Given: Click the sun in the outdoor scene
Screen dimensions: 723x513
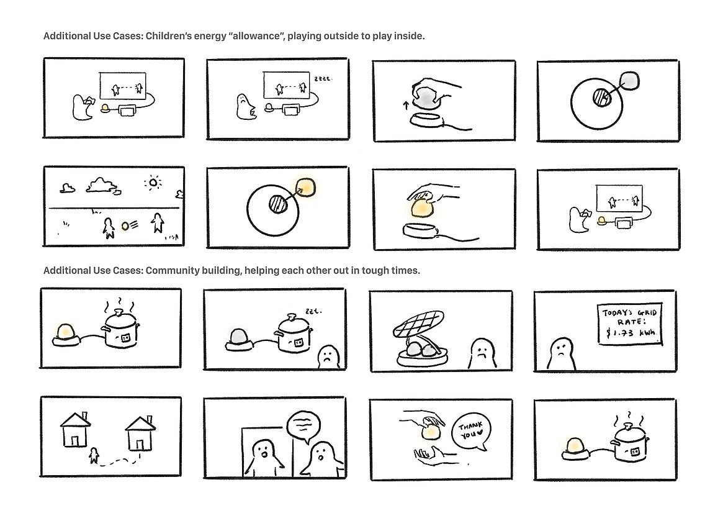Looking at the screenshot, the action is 153,183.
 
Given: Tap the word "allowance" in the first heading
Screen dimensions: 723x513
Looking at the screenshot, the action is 256,36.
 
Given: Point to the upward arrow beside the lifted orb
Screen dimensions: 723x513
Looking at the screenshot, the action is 406,105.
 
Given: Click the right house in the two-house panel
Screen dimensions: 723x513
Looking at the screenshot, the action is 140,433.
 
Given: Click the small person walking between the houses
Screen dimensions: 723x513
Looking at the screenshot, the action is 94,455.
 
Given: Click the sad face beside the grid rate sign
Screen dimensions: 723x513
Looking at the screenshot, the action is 561,354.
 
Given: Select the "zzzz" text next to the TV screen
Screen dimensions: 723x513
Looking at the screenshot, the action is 323,79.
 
